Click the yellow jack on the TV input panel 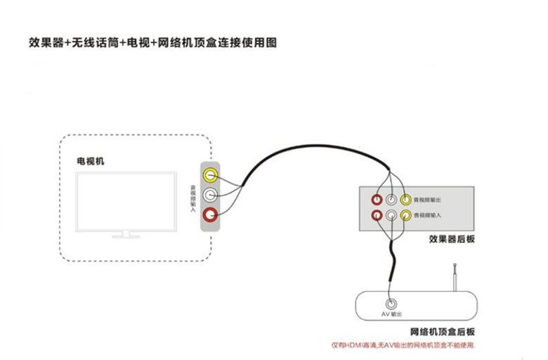tap(209, 175)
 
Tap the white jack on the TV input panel tap(209, 195)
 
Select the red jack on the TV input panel tap(209, 214)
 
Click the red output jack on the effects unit tap(377, 200)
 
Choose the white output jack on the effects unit tap(391, 200)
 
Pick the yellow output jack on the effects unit tap(405, 200)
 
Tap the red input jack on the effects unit tap(377, 215)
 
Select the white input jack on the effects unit tap(391, 215)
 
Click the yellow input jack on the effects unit tap(405, 215)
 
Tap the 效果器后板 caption tap(452, 239)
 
